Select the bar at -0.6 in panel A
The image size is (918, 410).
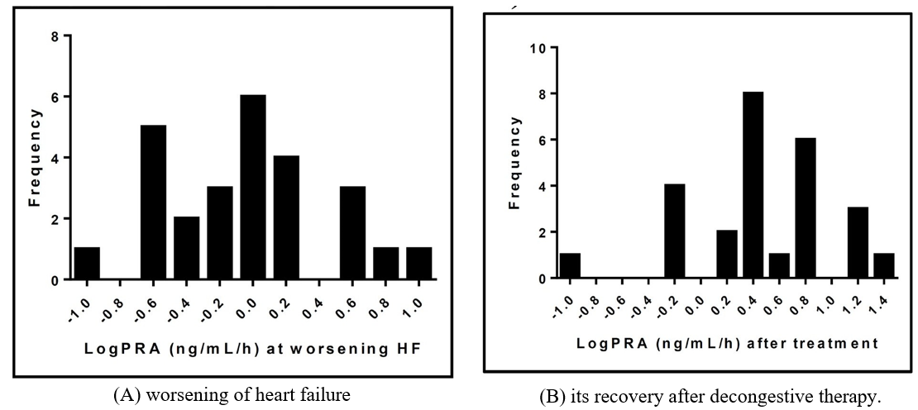(153, 203)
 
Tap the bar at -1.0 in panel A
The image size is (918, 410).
(87, 264)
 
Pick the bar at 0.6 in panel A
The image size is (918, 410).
(352, 233)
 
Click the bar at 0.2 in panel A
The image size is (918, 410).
(286, 218)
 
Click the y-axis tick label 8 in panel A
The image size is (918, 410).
(55, 36)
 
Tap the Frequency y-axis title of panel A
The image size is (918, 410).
(35, 157)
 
